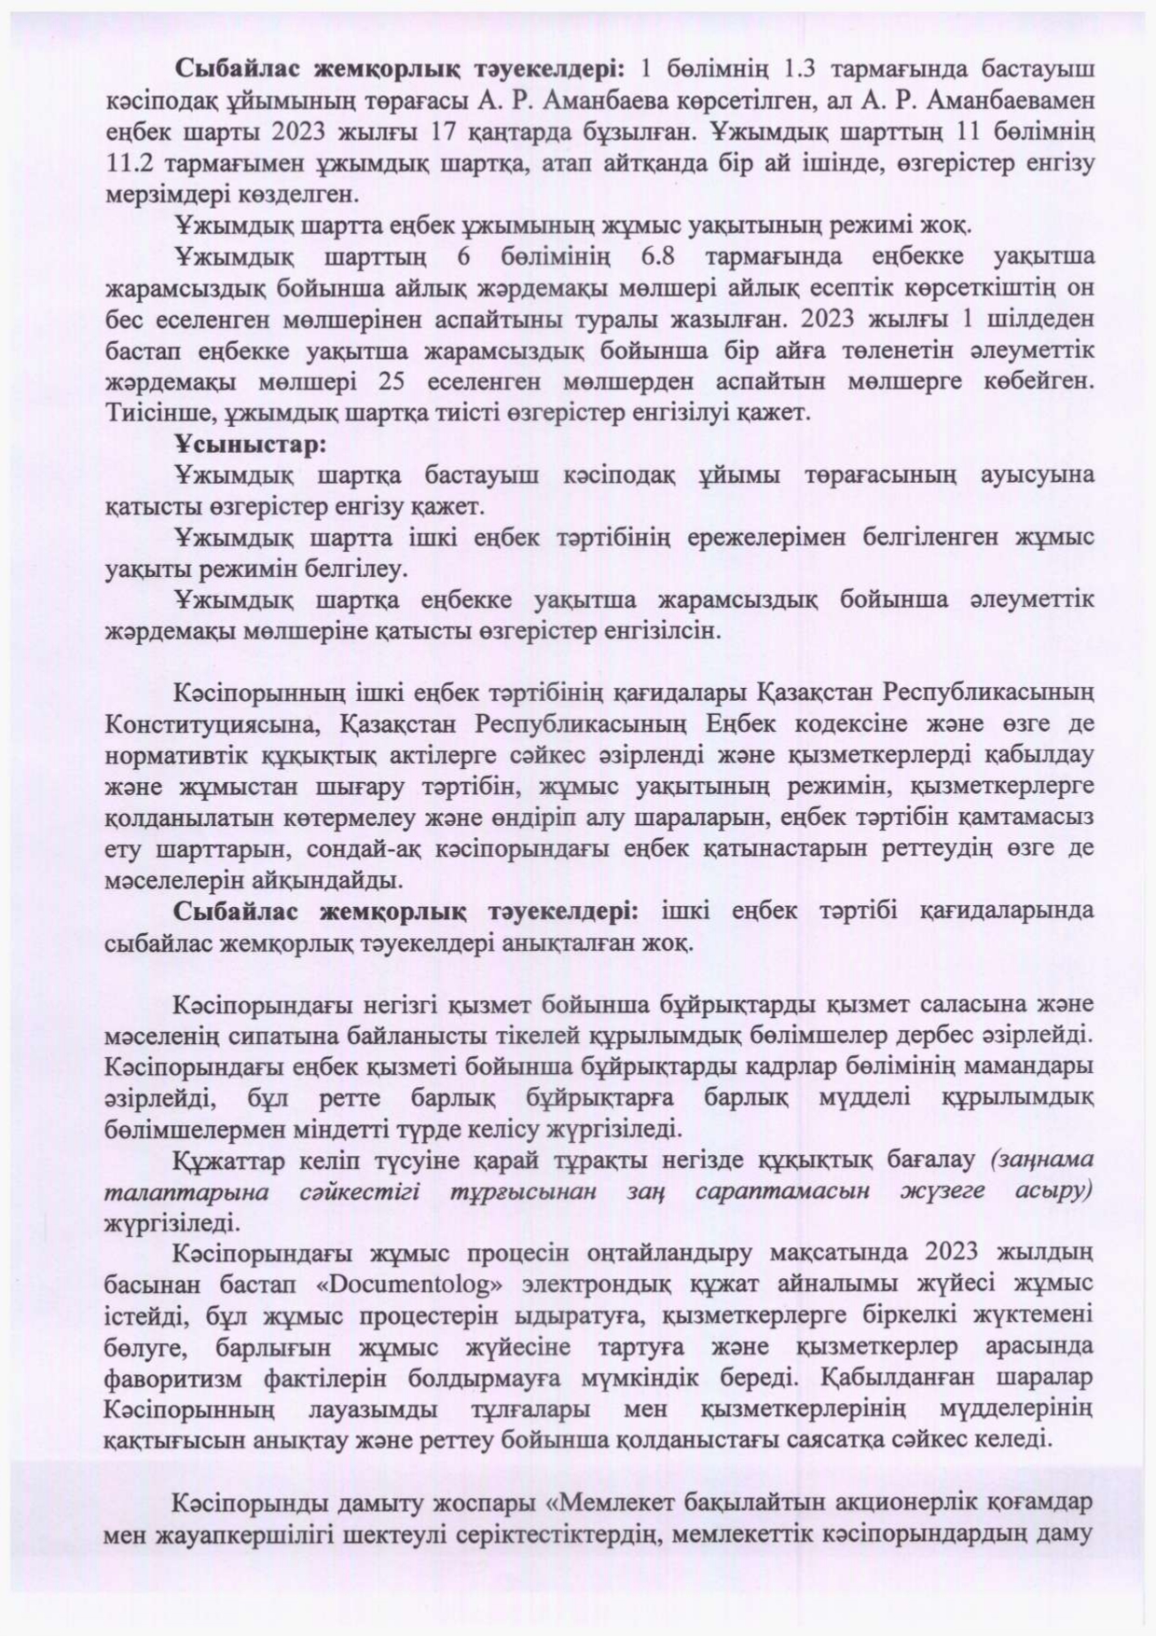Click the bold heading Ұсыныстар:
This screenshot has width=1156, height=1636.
click(250, 444)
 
